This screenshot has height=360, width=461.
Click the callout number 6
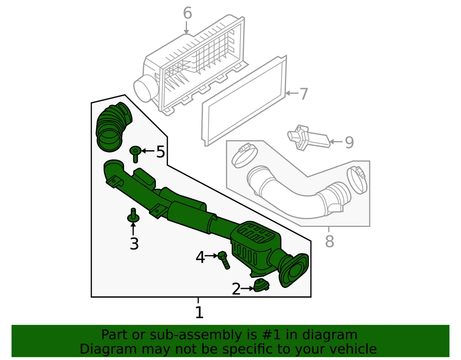[187, 13]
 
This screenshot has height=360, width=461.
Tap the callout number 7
[303, 94]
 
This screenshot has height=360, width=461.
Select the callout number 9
[349, 142]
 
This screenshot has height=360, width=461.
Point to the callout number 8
[329, 241]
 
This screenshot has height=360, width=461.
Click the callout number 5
[160, 152]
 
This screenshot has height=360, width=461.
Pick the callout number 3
[134, 244]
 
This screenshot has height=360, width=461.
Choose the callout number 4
[200, 258]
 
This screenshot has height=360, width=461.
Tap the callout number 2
[236, 289]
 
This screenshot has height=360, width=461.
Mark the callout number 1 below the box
[199, 313]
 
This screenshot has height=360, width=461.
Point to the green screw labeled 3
[133, 216]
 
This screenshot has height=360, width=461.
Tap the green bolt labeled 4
[224, 260]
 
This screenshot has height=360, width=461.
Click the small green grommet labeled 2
[261, 286]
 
